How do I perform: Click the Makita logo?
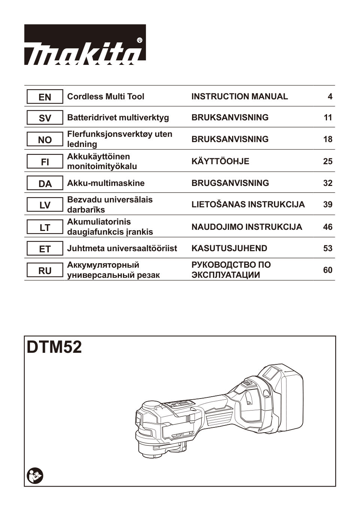pyautogui.click(x=85, y=45)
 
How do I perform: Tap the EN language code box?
pyautogui.click(x=45, y=97)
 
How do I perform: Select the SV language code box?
pyautogui.click(x=45, y=118)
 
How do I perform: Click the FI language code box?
pyautogui.click(x=45, y=162)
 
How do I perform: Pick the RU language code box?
pyautogui.click(x=45, y=270)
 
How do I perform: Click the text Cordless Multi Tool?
pyautogui.click(x=105, y=97)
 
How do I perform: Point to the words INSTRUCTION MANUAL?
pyautogui.click(x=240, y=97)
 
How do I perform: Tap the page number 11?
pyautogui.click(x=328, y=118)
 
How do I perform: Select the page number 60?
pyautogui.click(x=328, y=270)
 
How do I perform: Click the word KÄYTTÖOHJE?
pyautogui.click(x=220, y=162)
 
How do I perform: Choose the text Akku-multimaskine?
pyautogui.click(x=106, y=183)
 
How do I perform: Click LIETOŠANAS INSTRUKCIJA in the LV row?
pyautogui.click(x=248, y=205)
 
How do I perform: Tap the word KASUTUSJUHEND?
pyautogui.click(x=229, y=248)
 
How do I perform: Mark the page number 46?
pyautogui.click(x=328, y=227)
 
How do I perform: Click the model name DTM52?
pyautogui.click(x=54, y=348)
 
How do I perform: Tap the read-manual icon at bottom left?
pyautogui.click(x=35, y=476)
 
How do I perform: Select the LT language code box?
pyautogui.click(x=45, y=227)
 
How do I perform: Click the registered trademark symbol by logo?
pyautogui.click(x=139, y=40)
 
